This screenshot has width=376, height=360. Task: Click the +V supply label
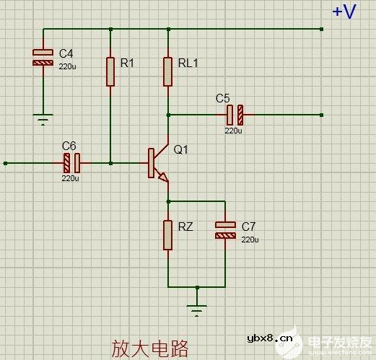[344, 12]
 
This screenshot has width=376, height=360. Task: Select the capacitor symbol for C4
[43, 58]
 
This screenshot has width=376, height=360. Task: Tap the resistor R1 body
[110, 71]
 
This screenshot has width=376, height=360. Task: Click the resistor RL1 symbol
[167, 71]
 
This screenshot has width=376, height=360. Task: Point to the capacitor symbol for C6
[71, 163]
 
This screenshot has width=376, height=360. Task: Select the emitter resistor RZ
[167, 234]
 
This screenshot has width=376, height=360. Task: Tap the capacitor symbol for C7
[225, 230]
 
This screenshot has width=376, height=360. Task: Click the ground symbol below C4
[43, 118]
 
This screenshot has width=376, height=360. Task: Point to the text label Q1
[181, 150]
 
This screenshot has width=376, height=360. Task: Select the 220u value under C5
[233, 131]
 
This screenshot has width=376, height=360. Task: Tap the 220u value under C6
[70, 178]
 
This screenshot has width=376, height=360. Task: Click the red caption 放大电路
[149, 348]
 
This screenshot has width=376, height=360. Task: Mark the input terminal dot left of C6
[5, 163]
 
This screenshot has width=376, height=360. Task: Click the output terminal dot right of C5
[321, 114]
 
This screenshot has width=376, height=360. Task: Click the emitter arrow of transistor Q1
[163, 176]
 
